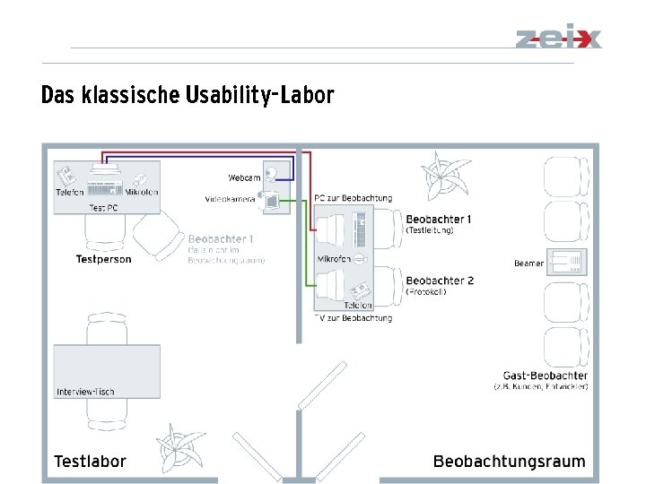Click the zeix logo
tap(558, 39)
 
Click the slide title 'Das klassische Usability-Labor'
tap(188, 95)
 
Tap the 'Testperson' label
tap(103, 259)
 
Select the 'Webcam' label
tap(243, 177)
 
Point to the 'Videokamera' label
tap(230, 199)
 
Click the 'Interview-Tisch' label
tap(85, 392)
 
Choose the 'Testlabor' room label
tap(90, 462)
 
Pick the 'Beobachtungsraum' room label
tap(509, 462)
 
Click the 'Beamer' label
tap(528, 264)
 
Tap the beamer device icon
tap(567, 262)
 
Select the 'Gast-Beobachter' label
tap(546, 376)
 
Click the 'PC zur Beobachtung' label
tap(353, 198)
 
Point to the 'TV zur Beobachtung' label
tap(353, 318)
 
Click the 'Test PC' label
tap(103, 207)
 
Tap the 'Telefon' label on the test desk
tap(70, 192)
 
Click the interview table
tap(107, 365)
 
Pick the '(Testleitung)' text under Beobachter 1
tap(430, 230)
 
